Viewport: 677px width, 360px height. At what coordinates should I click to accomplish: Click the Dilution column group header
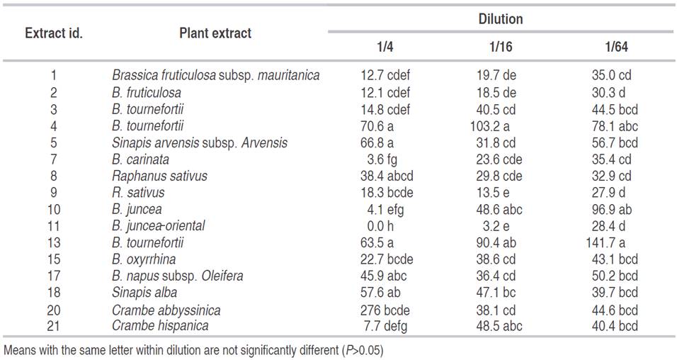(x=500, y=19)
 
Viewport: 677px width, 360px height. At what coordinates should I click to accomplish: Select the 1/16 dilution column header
(x=500, y=48)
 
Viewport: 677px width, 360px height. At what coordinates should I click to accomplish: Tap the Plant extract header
(x=215, y=33)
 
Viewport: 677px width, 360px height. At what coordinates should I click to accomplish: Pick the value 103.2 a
(x=500, y=126)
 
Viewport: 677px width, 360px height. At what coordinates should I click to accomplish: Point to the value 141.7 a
(x=615, y=243)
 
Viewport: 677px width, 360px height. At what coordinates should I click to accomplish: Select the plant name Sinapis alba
(x=144, y=293)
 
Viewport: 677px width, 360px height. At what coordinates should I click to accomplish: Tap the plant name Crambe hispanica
(x=160, y=326)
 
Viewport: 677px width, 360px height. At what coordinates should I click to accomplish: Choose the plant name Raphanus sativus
(x=159, y=176)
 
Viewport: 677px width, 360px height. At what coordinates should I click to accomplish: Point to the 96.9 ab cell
(x=615, y=210)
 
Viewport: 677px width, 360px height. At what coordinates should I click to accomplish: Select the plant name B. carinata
(x=141, y=159)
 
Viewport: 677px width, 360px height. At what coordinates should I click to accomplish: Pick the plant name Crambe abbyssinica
(x=166, y=310)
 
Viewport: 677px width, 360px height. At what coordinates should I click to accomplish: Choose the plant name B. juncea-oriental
(x=159, y=226)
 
